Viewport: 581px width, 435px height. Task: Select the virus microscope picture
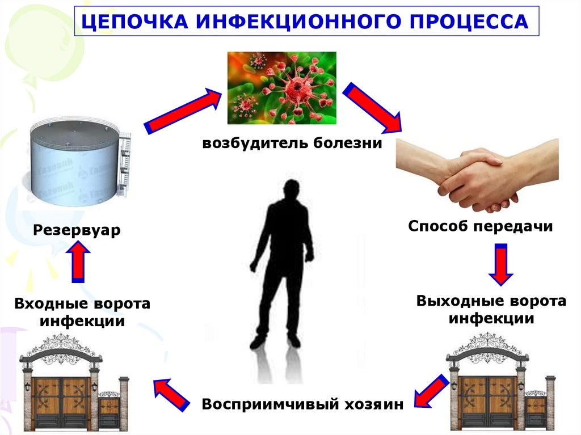tap(281, 87)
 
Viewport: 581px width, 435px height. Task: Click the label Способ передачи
tap(480, 227)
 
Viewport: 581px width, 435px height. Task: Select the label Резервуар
tap(77, 231)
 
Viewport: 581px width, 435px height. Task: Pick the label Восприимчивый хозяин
tap(302, 405)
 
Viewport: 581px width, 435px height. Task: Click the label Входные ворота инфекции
tap(83, 312)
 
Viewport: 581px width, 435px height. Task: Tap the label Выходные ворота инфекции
tap(491, 309)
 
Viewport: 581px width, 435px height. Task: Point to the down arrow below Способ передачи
tap(500, 264)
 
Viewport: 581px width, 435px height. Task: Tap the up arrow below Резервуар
tap(79, 261)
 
